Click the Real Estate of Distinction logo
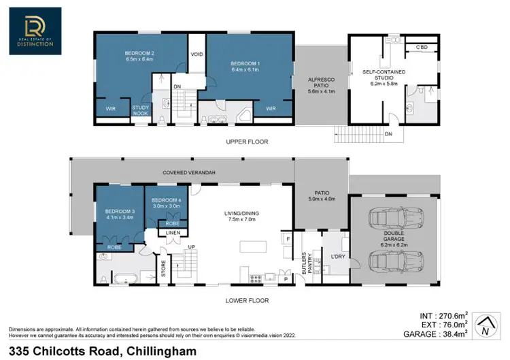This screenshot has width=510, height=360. click(x=35, y=31)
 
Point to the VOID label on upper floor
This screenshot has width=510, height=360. click(x=197, y=54)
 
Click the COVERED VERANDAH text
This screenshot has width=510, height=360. click(x=189, y=173)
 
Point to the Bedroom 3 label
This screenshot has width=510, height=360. click(x=119, y=214)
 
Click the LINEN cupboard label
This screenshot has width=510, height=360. click(x=173, y=233)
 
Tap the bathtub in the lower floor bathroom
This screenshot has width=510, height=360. click(x=126, y=278)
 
